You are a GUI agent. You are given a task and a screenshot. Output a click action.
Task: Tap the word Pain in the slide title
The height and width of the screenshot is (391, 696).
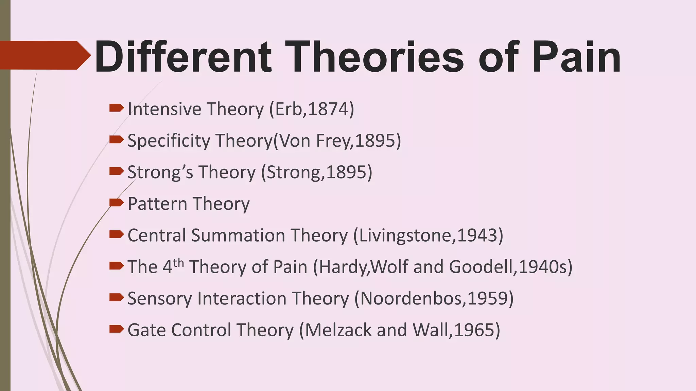pos(576,57)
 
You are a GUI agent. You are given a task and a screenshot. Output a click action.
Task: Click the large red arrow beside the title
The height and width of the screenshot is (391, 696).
pos(44,55)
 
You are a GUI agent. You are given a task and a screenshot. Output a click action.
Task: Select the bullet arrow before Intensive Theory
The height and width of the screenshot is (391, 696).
pos(116,108)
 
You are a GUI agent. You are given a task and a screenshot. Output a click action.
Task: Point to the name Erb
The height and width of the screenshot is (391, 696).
pos(288,109)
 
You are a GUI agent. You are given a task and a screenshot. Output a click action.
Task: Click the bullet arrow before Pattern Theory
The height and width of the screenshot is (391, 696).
pos(116,203)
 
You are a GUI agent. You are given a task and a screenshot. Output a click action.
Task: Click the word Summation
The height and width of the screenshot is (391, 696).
pos(238,235)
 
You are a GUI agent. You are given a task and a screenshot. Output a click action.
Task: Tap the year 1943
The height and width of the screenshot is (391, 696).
pos(477,235)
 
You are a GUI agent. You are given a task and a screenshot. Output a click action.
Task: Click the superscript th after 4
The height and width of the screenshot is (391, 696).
pos(178,263)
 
